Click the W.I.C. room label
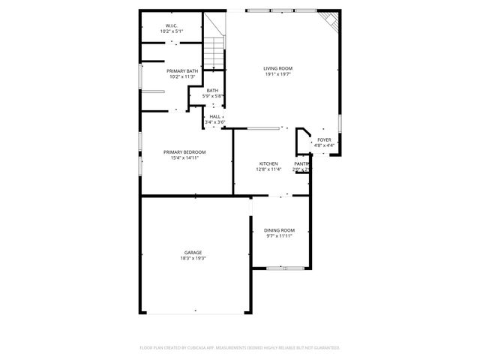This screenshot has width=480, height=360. [x=171, y=26]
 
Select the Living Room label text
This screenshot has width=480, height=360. [x=277, y=68]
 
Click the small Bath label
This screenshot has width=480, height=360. [x=213, y=91]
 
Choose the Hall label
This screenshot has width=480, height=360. [x=215, y=116]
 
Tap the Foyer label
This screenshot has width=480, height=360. [x=324, y=139]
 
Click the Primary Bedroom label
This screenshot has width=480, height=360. [x=184, y=152]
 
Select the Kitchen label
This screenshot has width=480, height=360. [x=268, y=163]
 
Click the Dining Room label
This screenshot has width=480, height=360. [x=278, y=230]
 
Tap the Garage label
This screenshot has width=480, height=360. [x=193, y=253]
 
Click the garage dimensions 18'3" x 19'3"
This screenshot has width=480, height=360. [x=193, y=259]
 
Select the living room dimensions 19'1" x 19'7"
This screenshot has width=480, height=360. [x=277, y=74]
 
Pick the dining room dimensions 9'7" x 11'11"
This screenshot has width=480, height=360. [x=278, y=236]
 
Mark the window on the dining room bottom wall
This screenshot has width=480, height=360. [x=279, y=267]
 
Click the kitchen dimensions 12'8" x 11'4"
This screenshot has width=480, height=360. [x=268, y=169]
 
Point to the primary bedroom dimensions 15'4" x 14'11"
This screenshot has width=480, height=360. [x=184, y=158]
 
